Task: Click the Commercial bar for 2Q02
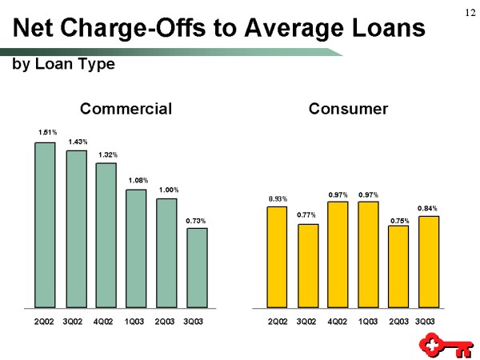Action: point(45,225)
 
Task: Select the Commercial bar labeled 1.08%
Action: point(136,248)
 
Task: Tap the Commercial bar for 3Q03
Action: point(197,267)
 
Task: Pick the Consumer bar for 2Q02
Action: point(277,256)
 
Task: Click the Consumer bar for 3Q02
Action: point(307,265)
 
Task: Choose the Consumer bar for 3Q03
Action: point(428,261)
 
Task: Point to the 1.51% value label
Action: point(46,131)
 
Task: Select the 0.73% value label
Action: point(196,220)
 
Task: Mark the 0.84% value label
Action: point(427,207)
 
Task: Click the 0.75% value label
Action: point(398,220)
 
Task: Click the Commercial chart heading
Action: point(126,108)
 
